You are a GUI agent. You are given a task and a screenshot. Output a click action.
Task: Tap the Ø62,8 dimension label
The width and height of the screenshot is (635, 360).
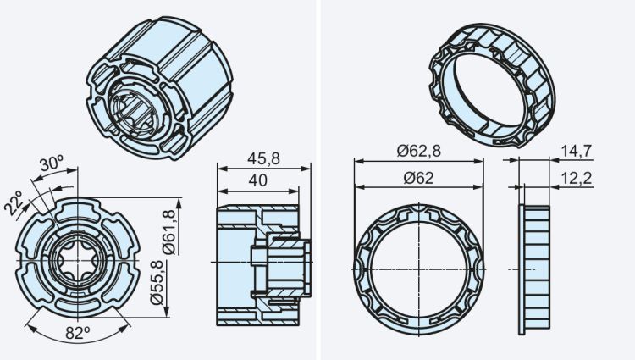click(422, 151)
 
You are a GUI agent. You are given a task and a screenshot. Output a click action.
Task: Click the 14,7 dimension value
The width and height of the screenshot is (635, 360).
click(576, 151)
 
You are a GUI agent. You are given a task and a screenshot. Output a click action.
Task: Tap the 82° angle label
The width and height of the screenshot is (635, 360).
click(76, 333)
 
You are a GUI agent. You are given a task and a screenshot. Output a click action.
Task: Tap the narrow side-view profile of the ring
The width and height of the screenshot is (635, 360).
click(535, 268)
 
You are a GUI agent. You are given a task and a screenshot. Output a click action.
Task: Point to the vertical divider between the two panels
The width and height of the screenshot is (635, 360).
click(317, 180)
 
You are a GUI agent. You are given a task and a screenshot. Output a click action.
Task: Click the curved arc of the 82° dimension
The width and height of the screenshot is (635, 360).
click(76, 341)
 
